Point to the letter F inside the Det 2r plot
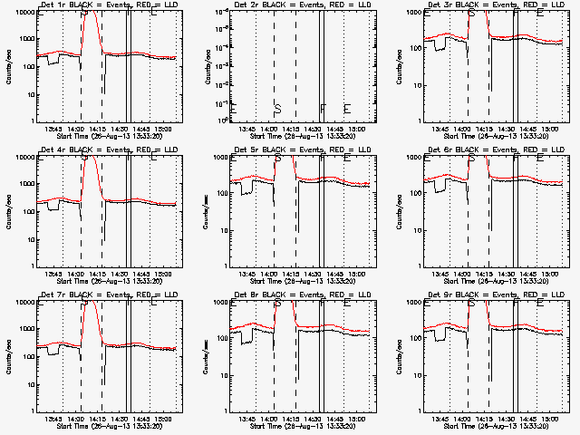coord(323,109)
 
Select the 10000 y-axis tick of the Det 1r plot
coord(24,12)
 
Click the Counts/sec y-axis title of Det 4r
coord(9,209)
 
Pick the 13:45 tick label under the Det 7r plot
coord(53,418)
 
